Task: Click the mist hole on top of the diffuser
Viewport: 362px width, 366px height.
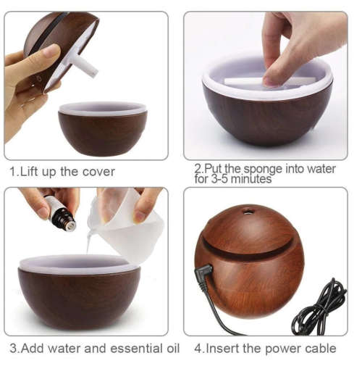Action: click(x=249, y=212)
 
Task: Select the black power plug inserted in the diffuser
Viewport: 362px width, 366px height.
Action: click(x=204, y=276)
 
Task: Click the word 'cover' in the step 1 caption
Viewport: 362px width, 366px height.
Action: click(x=97, y=172)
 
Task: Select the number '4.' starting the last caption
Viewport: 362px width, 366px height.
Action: click(x=200, y=349)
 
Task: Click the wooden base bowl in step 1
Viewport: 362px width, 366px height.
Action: click(x=102, y=133)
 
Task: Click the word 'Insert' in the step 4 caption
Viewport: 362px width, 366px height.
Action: click(x=222, y=349)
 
